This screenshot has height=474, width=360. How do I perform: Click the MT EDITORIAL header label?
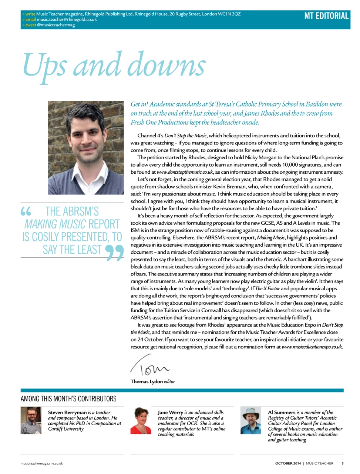click(x=326, y=16)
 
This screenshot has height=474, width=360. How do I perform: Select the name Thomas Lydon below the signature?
click(x=147, y=381)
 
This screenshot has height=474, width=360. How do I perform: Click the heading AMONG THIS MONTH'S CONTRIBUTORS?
click(x=68, y=399)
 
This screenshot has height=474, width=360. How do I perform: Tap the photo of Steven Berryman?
click(x=31, y=420)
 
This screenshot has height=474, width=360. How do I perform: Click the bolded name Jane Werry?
click(x=170, y=412)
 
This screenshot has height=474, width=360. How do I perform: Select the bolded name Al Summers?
click(x=281, y=412)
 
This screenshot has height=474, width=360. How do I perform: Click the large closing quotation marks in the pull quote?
click(x=114, y=253)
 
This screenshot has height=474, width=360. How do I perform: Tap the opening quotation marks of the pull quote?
click(x=26, y=212)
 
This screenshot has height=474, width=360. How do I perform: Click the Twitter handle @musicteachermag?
click(x=55, y=25)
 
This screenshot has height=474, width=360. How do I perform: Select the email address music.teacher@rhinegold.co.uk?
click(x=67, y=20)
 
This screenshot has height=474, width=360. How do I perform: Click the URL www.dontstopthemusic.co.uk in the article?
click(x=185, y=172)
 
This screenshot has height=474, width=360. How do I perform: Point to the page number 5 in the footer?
click(x=342, y=463)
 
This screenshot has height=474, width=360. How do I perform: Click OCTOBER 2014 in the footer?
click(x=288, y=463)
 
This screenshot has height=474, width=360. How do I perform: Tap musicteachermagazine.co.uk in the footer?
click(x=42, y=463)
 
